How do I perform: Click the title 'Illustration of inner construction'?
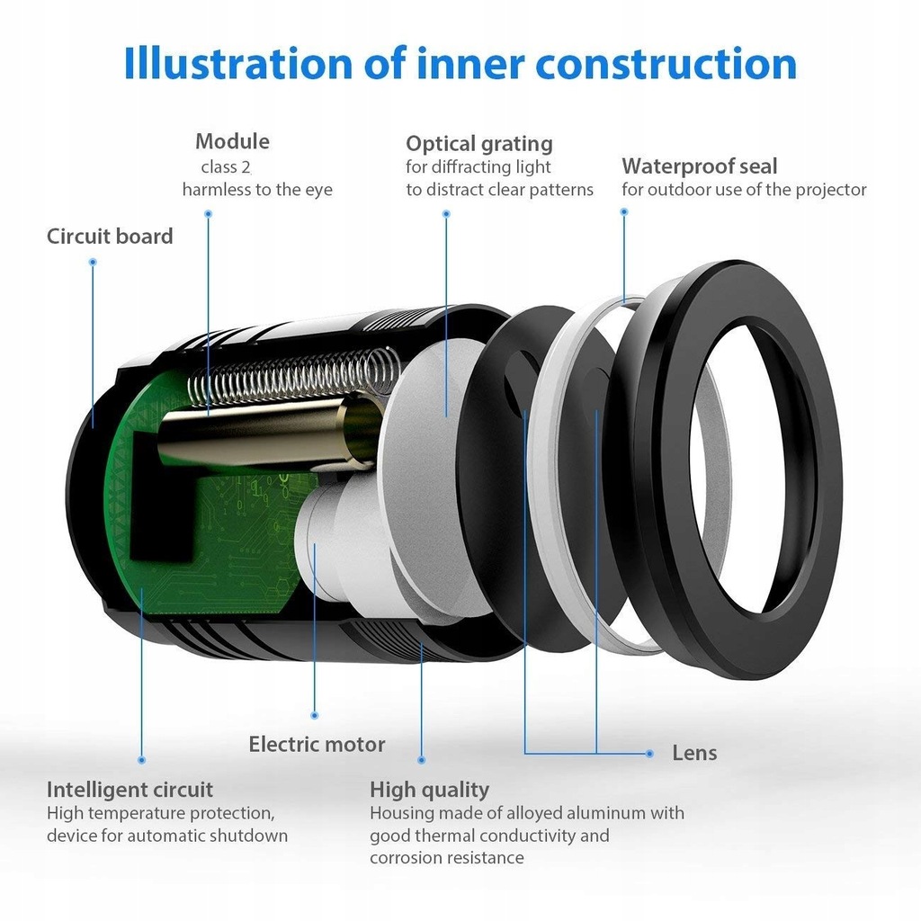[460, 64]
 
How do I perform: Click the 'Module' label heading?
[232, 141]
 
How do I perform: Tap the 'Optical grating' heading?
[478, 144]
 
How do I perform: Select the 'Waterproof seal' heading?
[699, 166]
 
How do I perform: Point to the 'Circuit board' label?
[110, 237]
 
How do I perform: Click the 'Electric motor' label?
[317, 745]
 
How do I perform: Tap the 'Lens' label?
[694, 753]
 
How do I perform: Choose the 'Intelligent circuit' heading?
[130, 790]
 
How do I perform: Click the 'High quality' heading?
[429, 790]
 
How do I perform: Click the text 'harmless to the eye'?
[257, 190]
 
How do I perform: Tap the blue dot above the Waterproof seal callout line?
[624, 212]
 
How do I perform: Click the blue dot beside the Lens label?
[649, 753]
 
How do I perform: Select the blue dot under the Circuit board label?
[93, 262]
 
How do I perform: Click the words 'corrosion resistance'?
[446, 858]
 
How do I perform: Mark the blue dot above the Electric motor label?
[314, 715]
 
